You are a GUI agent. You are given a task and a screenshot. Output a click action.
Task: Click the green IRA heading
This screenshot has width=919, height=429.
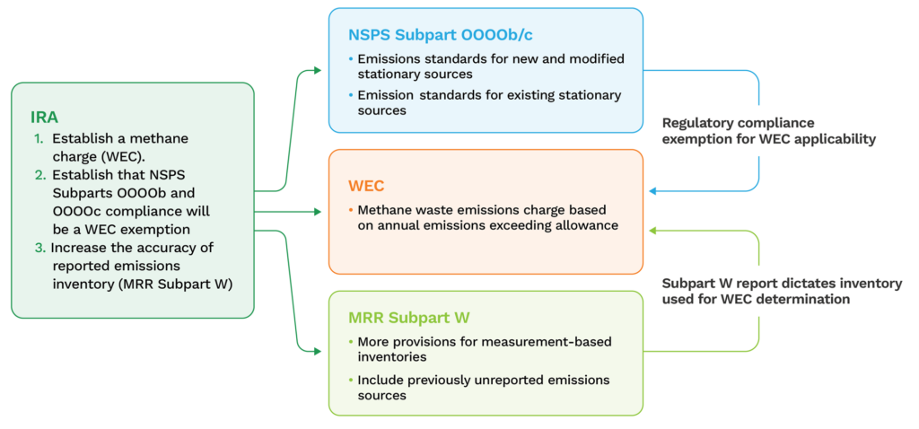46,117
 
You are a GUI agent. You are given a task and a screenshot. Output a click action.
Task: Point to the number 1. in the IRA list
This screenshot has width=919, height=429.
39,139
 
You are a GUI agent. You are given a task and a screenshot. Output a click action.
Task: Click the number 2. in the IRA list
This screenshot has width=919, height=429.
39,175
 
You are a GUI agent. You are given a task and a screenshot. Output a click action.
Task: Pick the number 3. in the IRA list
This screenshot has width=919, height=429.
39,247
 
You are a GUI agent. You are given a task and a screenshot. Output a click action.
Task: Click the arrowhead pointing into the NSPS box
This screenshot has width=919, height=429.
315,69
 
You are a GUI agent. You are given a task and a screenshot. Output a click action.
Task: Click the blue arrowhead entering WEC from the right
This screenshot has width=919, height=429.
653,190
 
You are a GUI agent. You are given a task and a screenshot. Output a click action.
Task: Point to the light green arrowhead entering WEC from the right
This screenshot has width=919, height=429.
653,232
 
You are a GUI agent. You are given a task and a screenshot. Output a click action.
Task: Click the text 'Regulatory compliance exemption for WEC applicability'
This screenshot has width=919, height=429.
767,131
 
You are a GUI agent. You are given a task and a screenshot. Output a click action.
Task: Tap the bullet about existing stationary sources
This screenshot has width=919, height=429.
489,102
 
